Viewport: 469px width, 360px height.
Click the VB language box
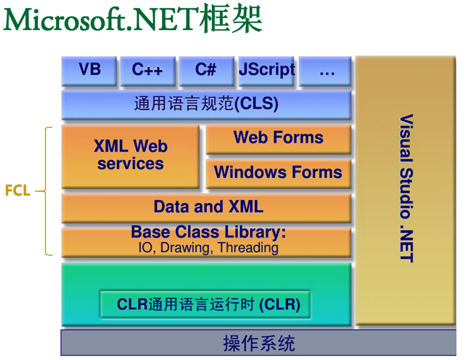(x=89, y=71)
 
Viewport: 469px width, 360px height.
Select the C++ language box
(x=148, y=71)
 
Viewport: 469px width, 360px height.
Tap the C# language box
(x=207, y=71)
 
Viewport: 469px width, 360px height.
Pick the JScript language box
(x=266, y=71)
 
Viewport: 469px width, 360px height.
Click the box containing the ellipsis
(x=325, y=71)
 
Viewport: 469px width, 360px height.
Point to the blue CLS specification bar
(x=206, y=105)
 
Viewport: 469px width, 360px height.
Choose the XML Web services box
(x=131, y=156)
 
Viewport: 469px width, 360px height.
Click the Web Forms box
(x=279, y=139)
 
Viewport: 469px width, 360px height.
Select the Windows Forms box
(x=279, y=173)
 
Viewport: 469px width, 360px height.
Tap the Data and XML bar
(x=206, y=208)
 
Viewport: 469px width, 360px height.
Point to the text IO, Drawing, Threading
(x=208, y=248)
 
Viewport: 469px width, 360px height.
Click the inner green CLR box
(x=205, y=305)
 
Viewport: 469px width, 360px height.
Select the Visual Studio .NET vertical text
(x=406, y=188)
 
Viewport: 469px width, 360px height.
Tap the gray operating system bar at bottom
(x=258, y=343)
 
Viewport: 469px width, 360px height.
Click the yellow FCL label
(x=18, y=190)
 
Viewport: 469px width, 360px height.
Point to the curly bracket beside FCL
(x=46, y=191)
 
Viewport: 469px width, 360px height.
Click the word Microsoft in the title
(x=65, y=20)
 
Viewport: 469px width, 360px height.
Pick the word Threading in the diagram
(x=248, y=248)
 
